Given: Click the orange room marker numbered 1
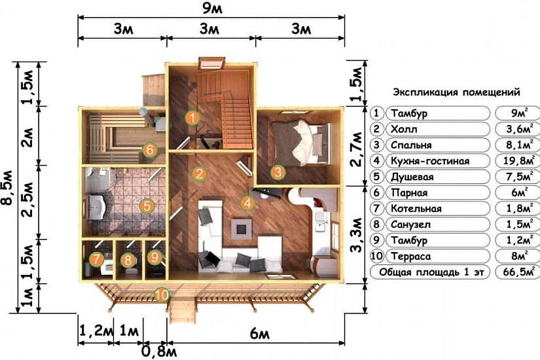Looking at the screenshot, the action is [x=192, y=118].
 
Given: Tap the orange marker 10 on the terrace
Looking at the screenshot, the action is [x=162, y=295].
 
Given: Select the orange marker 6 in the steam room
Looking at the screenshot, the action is [x=149, y=150].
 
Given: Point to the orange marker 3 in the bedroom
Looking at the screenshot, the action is [x=278, y=172].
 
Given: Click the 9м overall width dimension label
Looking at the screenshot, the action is [x=212, y=8].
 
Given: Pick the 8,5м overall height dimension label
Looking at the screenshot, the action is [x=8, y=187].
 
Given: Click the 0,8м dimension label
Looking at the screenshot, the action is [x=159, y=351].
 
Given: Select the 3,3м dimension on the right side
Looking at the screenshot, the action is [x=356, y=234].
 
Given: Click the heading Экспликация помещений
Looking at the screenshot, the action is [x=456, y=92].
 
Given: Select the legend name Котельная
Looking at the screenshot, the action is [x=416, y=208].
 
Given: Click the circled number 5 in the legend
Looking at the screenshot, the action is [x=377, y=177].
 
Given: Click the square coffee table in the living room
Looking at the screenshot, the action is [x=242, y=228].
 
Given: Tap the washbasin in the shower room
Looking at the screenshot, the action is [x=97, y=207].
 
